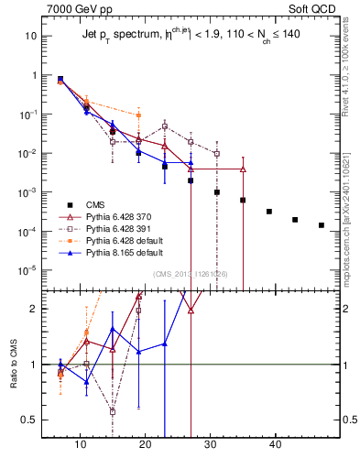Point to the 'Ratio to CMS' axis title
15,378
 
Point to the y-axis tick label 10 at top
30,37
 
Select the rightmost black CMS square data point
322,225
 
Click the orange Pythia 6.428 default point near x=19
138,115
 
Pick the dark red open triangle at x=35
243,169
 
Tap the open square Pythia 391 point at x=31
217,154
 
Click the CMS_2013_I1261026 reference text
191,274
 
